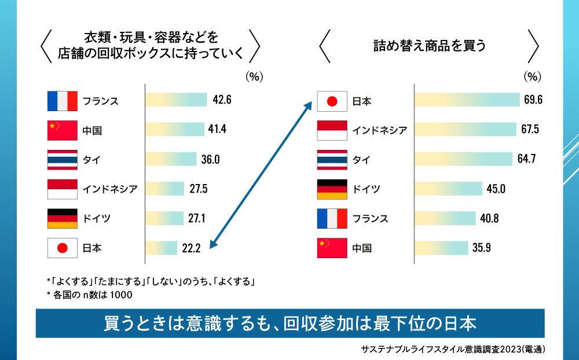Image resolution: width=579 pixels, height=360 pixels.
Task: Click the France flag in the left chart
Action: point(62,101)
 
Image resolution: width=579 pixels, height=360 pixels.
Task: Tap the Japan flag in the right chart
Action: point(332,101)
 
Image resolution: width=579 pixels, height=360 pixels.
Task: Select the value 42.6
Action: point(222,100)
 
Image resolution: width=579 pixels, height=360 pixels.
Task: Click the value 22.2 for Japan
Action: point(191,248)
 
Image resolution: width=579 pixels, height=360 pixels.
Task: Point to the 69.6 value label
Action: point(533,100)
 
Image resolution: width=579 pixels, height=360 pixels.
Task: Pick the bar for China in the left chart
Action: point(174,130)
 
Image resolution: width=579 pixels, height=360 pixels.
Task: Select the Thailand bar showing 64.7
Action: point(463,159)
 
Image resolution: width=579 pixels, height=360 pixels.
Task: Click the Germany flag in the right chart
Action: point(332,189)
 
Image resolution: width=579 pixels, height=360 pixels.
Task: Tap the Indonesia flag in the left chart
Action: point(62,189)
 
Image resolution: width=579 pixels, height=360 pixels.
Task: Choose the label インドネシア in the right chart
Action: point(380,130)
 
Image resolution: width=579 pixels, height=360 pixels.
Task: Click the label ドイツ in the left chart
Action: point(96,219)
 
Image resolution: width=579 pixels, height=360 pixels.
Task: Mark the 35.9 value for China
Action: point(481,248)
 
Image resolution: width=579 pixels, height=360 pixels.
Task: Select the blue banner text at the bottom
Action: point(289,323)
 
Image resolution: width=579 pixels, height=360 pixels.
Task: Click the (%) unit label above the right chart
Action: point(532,76)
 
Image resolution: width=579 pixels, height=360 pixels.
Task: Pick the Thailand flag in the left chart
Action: point(62,159)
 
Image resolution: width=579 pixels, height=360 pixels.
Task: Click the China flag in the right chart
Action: point(332,248)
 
